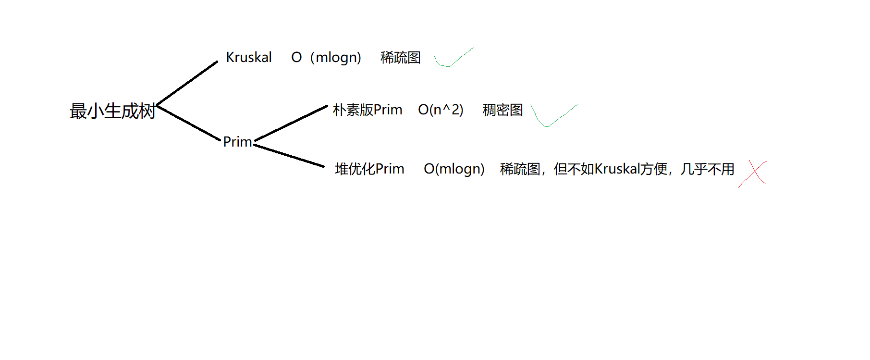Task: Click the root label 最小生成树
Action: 112,111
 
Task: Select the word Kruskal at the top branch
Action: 249,57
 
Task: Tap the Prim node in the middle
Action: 237,142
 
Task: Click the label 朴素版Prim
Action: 368,110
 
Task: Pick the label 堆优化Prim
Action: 369,169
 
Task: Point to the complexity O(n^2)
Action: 441,110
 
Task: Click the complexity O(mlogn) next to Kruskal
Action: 326,58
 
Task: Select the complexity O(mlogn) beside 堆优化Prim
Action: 454,169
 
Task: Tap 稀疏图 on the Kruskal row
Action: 400,58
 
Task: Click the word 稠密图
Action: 502,110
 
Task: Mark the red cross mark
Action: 753,174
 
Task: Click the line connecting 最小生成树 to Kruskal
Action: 187,83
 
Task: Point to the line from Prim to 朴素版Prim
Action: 291,123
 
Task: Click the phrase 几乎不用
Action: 707,169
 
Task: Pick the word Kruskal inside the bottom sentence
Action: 617,169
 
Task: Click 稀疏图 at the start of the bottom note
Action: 520,169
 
